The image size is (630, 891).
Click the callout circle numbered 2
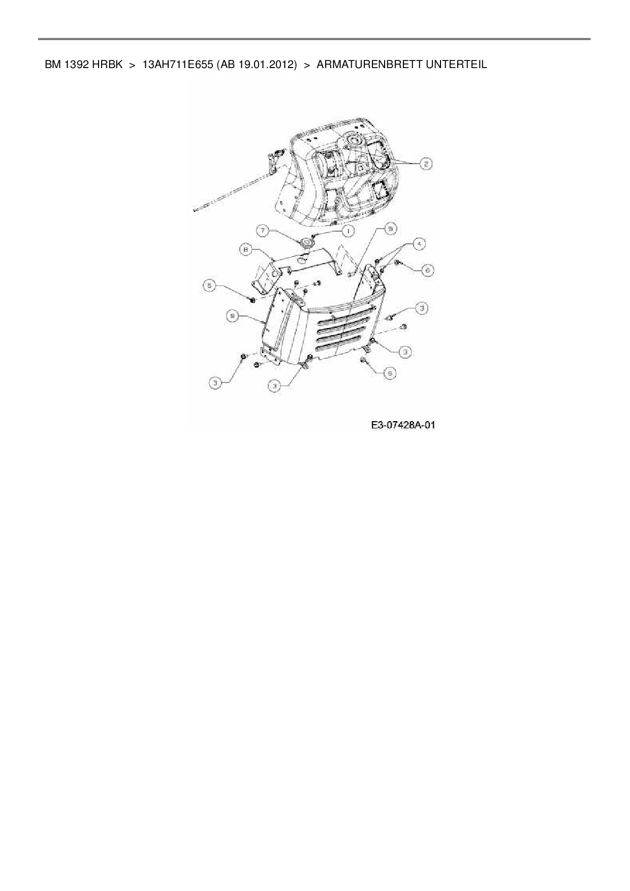(426, 163)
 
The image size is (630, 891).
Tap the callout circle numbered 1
(348, 231)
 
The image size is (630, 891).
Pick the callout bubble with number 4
(418, 244)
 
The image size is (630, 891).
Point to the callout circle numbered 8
(246, 249)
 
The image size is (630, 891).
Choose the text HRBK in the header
(107, 65)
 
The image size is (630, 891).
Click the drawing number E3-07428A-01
(403, 425)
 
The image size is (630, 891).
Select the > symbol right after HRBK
(132, 65)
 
